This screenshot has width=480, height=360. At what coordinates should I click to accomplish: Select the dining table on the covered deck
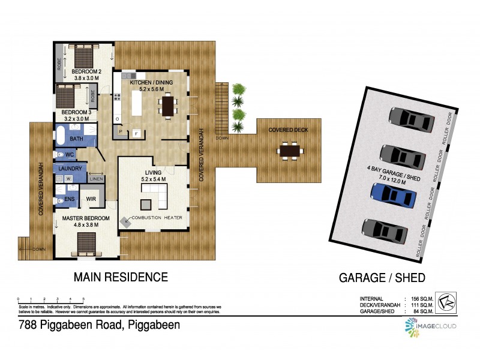(x=290, y=148)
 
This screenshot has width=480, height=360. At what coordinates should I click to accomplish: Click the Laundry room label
(x=68, y=169)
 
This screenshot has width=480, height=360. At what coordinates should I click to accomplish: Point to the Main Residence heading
(x=120, y=277)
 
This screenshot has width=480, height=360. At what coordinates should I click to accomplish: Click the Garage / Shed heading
(x=382, y=277)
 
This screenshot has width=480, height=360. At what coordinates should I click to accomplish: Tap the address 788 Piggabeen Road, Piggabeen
(x=98, y=325)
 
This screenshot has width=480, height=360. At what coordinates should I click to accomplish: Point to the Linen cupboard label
(x=96, y=179)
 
